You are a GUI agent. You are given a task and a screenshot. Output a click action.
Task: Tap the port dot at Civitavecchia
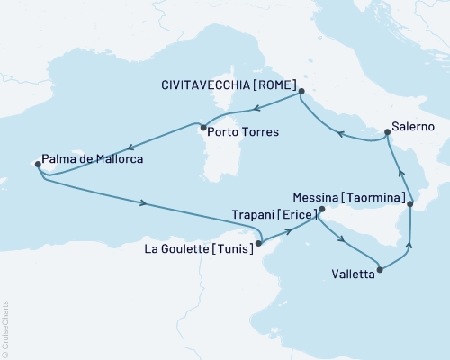301,91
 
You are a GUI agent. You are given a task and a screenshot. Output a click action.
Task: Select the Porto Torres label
242,131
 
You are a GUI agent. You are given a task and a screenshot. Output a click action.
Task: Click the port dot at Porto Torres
203,126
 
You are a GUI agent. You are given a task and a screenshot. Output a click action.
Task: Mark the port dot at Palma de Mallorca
37,165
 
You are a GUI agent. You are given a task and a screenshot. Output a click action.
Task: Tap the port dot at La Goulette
258,241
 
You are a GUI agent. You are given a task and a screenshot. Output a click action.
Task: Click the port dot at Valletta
382,269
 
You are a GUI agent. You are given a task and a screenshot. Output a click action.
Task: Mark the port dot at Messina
410,205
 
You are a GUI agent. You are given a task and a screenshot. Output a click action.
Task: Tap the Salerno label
413,127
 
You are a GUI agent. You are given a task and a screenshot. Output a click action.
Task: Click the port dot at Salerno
387,133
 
